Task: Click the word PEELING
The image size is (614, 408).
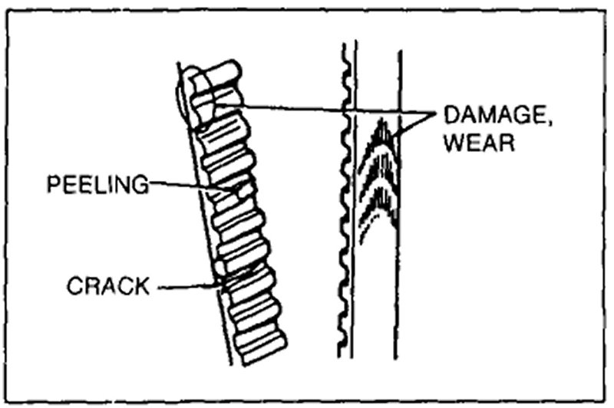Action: pos(96,184)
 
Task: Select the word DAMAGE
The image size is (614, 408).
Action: pos(490,118)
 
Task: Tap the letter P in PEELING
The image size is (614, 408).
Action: pos(52,184)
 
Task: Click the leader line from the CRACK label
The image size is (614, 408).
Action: pos(188,288)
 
